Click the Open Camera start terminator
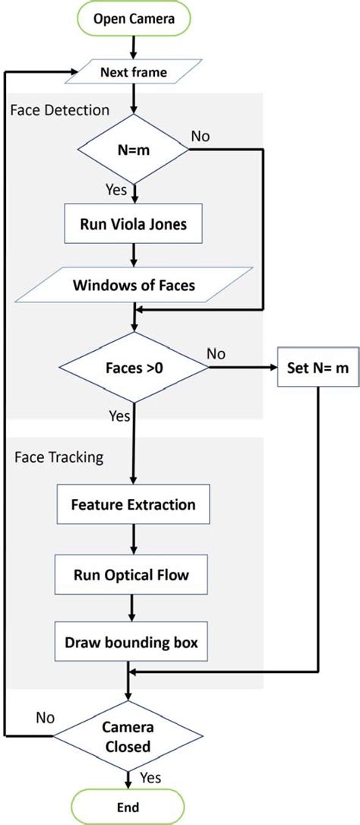[x=134, y=21]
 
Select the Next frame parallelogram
[x=134, y=73]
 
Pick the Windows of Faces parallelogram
[x=134, y=286]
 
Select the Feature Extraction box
[x=134, y=504]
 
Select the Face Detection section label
[x=60, y=110]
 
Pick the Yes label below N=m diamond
[x=116, y=191]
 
